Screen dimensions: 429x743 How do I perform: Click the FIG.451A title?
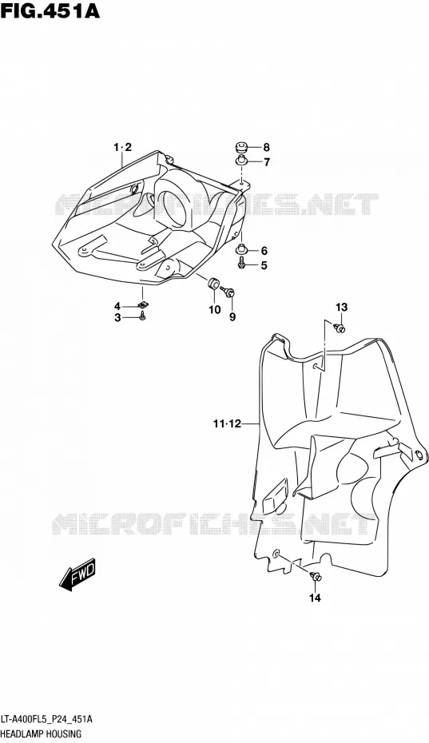tap(50, 10)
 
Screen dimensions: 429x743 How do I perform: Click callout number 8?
tap(266, 147)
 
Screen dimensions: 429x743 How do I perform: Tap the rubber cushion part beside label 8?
tap(243, 146)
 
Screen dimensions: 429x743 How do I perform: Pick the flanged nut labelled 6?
tap(243, 249)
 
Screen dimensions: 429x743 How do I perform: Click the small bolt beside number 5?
tap(243, 263)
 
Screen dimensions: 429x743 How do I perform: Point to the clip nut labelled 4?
tap(142, 304)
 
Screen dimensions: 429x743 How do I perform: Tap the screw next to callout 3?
tap(142, 317)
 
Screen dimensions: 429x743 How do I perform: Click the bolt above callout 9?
tap(229, 291)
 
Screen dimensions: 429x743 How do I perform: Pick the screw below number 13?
tap(340, 328)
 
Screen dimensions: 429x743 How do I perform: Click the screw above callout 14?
tap(316, 576)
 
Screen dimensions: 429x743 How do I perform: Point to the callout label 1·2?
tap(121, 147)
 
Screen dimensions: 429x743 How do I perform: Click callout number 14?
tap(316, 598)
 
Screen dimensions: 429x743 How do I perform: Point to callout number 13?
tap(341, 307)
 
